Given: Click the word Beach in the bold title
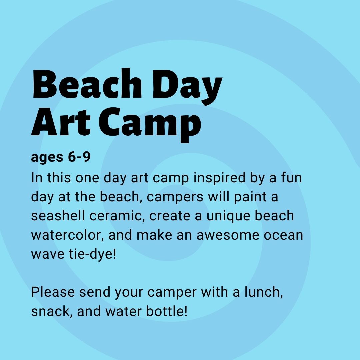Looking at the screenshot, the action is [87, 84].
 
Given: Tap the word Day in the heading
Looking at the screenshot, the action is [187, 87].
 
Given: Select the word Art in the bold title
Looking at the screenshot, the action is [61, 122].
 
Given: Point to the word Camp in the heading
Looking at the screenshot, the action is [150, 125].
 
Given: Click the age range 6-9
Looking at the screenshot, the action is [79, 157].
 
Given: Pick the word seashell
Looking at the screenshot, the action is [58, 216].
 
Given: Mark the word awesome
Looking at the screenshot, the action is [228, 235].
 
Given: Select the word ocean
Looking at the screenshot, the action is [283, 235].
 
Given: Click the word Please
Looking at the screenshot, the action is [53, 292].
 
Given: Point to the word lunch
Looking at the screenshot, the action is [264, 292].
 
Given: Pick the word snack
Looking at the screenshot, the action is [52, 312].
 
